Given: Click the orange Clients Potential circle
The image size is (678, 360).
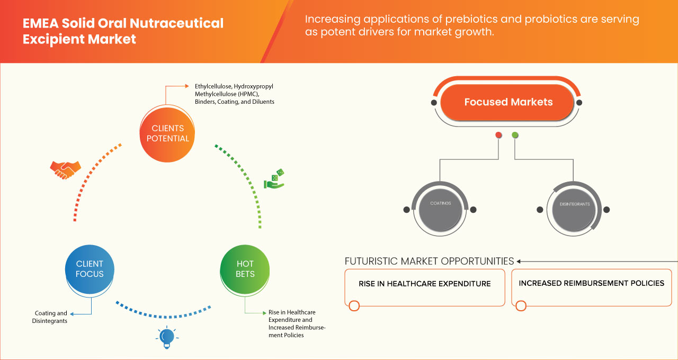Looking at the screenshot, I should (167, 133).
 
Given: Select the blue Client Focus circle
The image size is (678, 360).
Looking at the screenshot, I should (90, 269).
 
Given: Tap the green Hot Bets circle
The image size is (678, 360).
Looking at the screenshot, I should (245, 269).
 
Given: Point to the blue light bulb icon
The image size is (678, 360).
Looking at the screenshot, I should (167, 337).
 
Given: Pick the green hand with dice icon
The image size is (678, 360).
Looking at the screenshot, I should (274, 179).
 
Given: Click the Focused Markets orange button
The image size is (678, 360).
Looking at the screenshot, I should (508, 102).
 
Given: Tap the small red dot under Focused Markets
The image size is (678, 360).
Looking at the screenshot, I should (498, 136).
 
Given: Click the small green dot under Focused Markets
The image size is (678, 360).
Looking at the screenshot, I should (515, 136).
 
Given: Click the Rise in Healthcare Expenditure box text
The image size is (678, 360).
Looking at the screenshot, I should (424, 284).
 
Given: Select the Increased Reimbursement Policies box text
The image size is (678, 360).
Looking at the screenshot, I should (591, 283).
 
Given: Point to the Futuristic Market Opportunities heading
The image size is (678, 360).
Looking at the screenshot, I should (429, 261).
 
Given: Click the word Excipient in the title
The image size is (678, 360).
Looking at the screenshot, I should (50, 39).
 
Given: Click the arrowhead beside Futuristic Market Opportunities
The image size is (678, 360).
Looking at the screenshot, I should (519, 261).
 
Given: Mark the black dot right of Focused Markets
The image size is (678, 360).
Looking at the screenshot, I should (579, 102).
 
